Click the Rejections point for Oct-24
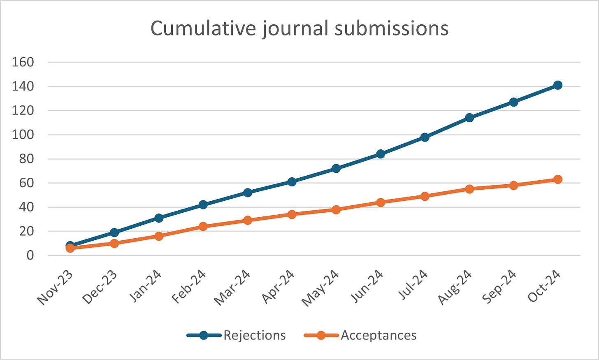558,85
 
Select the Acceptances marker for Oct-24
558,179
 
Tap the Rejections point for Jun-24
381,154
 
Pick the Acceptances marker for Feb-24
203,226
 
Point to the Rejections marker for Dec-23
114,232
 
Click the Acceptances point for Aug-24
469,189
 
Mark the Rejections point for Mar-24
247,193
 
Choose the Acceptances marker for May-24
336,209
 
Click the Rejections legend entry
254,335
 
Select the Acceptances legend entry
378,335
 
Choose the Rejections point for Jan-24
159,218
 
